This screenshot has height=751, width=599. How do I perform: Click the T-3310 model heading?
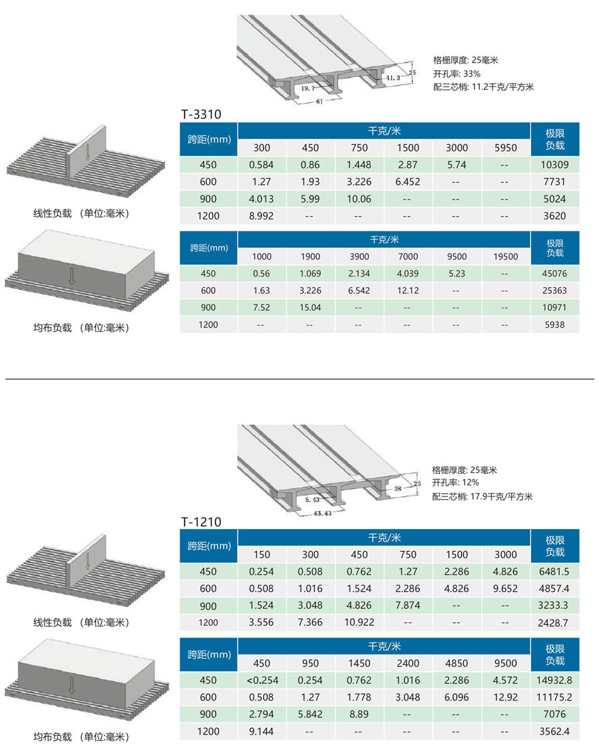pos(200,114)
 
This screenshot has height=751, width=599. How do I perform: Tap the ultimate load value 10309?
pos(555,165)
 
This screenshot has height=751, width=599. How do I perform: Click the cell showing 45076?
pos(555,273)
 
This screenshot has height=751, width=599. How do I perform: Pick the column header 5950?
pos(504,148)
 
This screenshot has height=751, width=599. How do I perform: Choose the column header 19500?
pos(504,256)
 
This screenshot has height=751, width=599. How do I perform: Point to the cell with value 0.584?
pos(262,165)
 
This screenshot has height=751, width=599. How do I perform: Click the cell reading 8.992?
pos(262,215)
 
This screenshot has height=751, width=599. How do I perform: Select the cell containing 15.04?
pos(310,307)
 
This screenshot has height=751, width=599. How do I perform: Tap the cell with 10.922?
pos(359,622)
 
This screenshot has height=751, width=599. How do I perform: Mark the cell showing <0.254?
pos(262,680)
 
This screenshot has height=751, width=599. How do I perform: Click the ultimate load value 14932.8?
pos(555,680)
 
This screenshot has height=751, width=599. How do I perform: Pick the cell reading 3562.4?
pos(555,731)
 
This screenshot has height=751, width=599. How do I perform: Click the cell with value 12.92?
pos(504,697)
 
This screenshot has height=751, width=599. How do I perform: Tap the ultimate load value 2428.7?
pos(555,622)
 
